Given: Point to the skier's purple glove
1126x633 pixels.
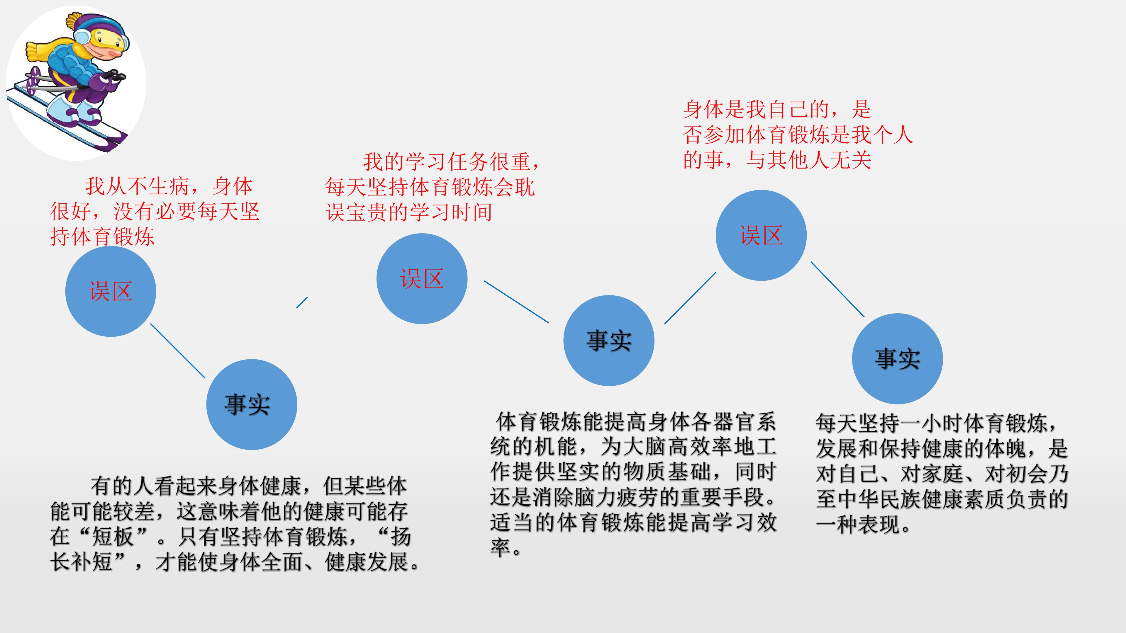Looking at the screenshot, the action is [107, 81].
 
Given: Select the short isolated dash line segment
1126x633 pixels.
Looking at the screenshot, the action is [302, 303].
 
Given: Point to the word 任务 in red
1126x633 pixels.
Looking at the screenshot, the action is [468, 162].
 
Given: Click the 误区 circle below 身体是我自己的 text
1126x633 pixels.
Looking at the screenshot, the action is [761, 235].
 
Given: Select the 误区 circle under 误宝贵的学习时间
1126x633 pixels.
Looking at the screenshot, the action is [422, 279].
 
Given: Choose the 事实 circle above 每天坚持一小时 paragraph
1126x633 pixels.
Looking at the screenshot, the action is [897, 359].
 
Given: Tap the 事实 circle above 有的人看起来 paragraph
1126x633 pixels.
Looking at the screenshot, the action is [252, 404].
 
